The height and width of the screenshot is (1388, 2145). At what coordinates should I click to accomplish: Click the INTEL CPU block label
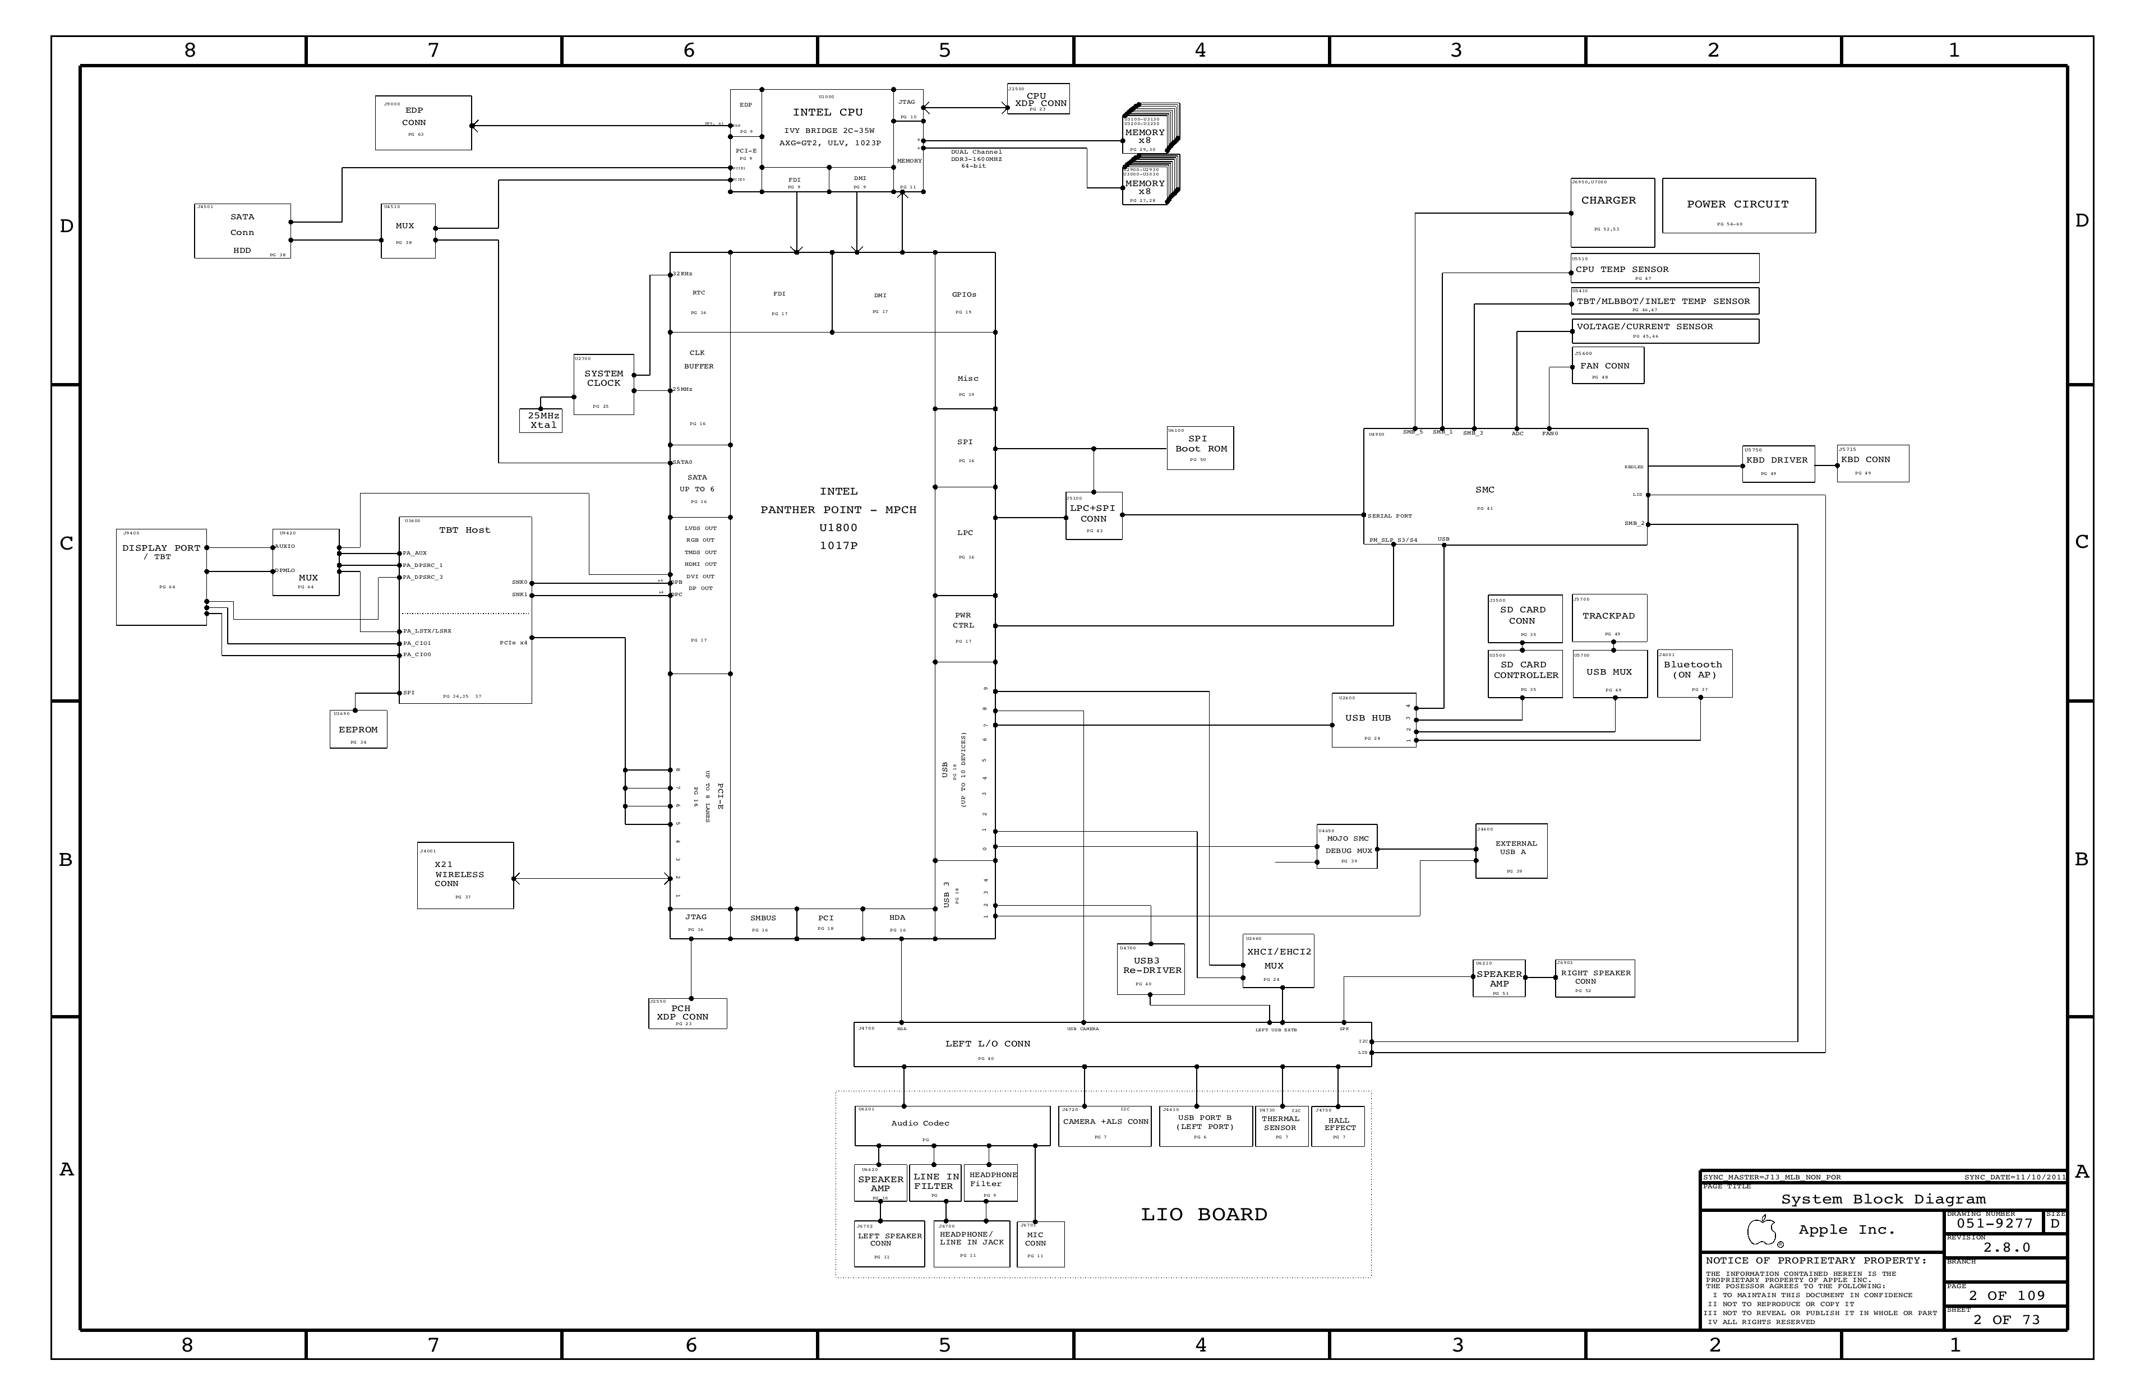pos(827,113)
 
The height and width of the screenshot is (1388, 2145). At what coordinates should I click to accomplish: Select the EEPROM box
pos(358,729)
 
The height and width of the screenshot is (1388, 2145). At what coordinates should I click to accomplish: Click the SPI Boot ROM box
pos(1200,448)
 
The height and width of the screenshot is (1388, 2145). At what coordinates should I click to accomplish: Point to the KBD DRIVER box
pos(1777,463)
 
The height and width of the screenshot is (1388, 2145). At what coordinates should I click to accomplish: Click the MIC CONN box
pos(1039,1244)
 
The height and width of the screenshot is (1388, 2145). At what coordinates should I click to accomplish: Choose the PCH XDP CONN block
pos(687,1013)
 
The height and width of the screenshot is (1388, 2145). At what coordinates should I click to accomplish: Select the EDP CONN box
pos(423,123)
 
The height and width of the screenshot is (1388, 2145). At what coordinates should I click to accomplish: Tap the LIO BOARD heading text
pos(1203,1214)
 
